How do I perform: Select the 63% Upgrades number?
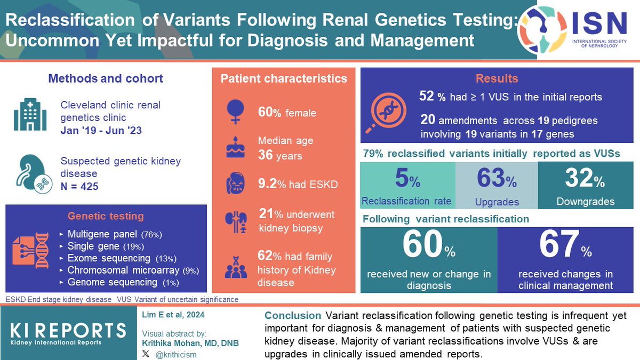[x=495, y=180]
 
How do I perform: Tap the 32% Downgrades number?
[x=584, y=180]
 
